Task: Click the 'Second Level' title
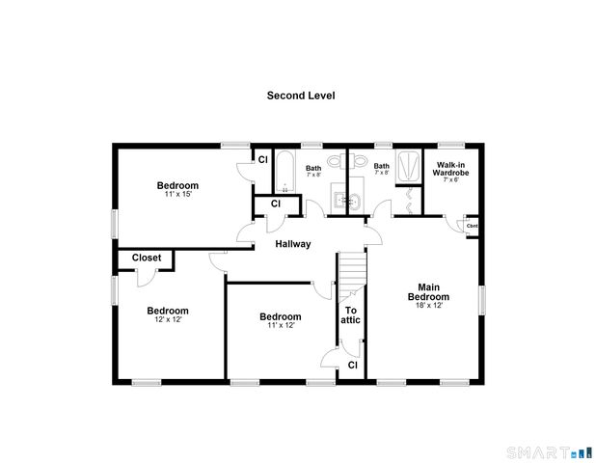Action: click(x=300, y=95)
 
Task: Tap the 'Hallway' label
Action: click(x=293, y=244)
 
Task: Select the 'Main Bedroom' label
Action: click(x=429, y=291)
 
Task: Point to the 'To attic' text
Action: click(x=352, y=314)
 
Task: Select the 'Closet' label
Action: click(x=146, y=258)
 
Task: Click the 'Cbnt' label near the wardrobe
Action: click(x=473, y=227)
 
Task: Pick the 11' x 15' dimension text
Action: click(x=178, y=195)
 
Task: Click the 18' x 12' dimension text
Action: click(x=429, y=306)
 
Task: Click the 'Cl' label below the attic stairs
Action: click(x=352, y=366)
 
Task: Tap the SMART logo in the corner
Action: click(x=546, y=451)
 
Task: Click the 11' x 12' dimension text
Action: click(x=280, y=325)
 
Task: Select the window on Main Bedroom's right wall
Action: click(x=481, y=298)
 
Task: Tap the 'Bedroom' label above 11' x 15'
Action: click(x=178, y=185)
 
